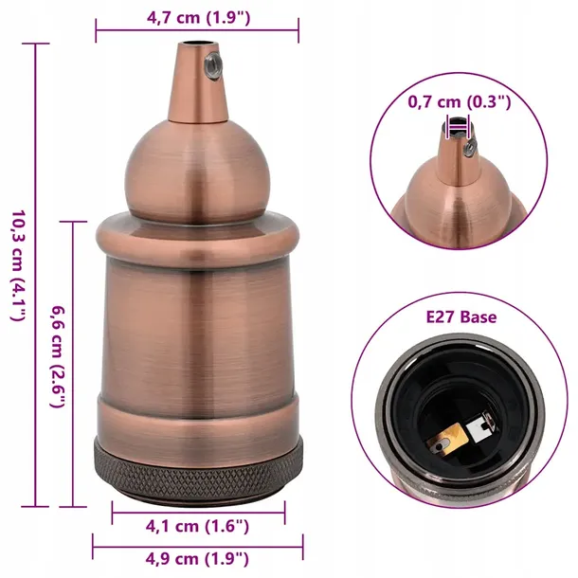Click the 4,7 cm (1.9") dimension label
[197, 16]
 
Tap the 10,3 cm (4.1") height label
[16, 265]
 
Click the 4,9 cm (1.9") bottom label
[198, 559]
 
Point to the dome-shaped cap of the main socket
[197, 171]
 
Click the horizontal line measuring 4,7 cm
[197, 37]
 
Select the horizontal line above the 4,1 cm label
[198, 513]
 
